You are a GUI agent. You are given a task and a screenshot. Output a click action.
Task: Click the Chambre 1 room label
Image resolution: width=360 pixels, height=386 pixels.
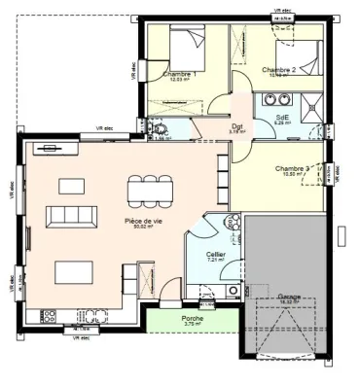179,74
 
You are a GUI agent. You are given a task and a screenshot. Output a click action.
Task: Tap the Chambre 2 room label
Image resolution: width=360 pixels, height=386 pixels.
279,69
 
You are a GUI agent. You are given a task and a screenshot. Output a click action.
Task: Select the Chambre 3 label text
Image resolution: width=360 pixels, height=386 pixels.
292,167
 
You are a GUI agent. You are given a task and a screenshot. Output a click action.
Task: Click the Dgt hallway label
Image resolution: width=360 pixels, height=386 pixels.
236,126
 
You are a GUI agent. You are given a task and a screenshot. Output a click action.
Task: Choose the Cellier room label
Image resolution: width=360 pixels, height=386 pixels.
216,254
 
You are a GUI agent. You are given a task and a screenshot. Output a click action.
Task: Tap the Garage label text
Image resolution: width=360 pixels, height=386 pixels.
289,296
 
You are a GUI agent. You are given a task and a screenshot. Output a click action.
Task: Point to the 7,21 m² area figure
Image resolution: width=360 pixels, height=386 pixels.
216,262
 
